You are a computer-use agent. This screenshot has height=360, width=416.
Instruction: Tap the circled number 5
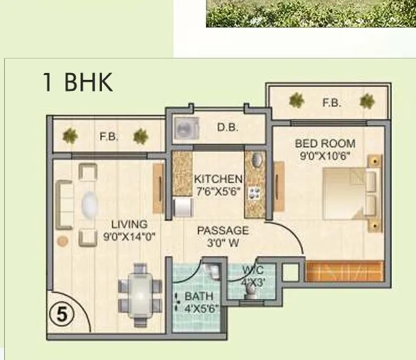point(62,315)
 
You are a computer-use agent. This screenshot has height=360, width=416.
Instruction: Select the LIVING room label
point(129,224)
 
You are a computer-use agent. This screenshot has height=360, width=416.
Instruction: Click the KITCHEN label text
point(218,178)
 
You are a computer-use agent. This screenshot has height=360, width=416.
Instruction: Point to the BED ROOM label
point(325,144)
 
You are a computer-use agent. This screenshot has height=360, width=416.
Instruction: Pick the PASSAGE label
point(222,231)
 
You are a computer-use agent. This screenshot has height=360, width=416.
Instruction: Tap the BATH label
point(194,297)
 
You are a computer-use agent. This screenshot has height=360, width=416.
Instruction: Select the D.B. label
point(227,127)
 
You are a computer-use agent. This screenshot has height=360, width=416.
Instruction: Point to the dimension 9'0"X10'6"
point(325,156)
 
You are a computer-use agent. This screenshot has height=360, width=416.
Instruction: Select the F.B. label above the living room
point(109,136)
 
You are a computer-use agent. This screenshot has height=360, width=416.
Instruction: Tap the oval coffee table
point(90,205)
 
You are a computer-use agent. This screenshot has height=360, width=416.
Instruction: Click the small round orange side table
point(63,242)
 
